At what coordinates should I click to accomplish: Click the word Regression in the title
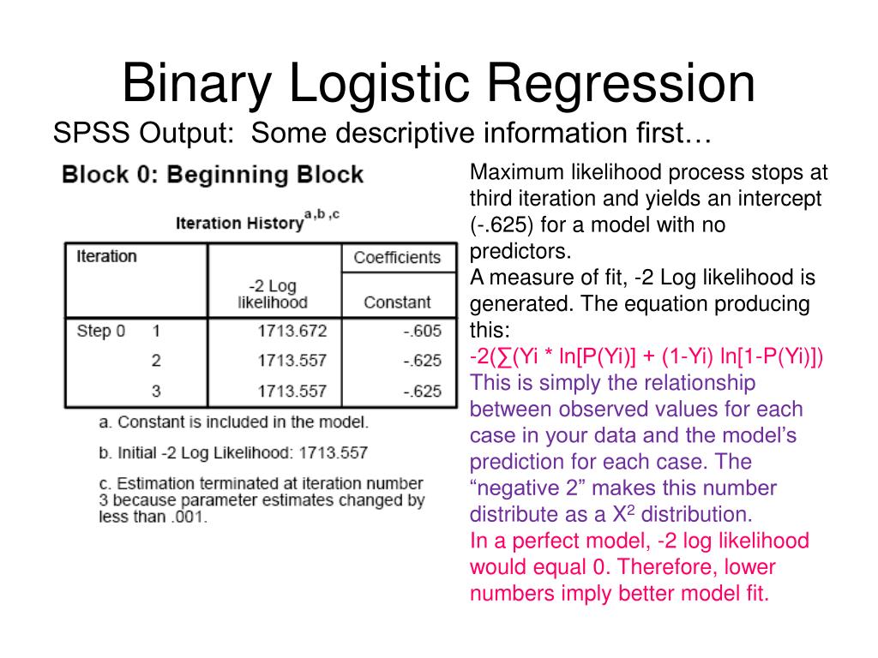(x=622, y=84)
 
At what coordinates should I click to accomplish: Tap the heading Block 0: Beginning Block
(x=213, y=176)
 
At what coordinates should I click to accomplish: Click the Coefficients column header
(x=397, y=257)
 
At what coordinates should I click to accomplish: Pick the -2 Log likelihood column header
(x=272, y=295)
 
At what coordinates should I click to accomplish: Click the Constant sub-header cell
(x=397, y=302)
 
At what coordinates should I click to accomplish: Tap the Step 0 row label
(x=101, y=332)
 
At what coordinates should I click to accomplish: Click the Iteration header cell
(x=106, y=256)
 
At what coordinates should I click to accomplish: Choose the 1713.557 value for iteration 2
(x=292, y=362)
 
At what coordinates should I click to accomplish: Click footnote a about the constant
(x=233, y=422)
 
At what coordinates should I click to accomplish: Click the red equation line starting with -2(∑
(x=646, y=356)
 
